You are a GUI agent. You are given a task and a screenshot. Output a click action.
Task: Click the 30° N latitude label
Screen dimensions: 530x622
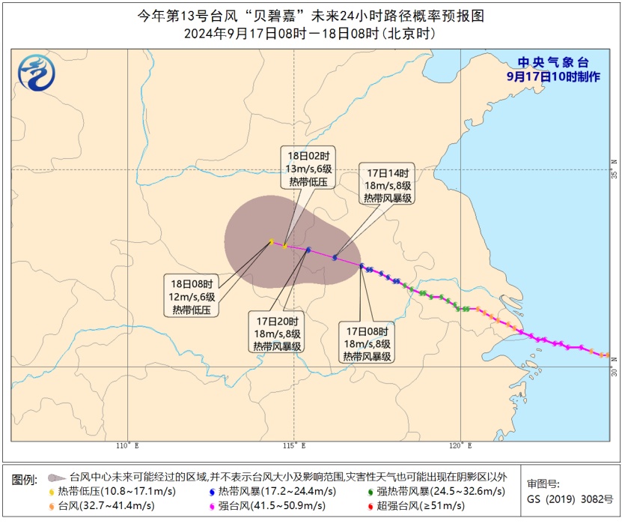pos(614,371)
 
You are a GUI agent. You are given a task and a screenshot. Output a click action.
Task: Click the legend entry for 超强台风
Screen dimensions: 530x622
pos(416,505)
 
